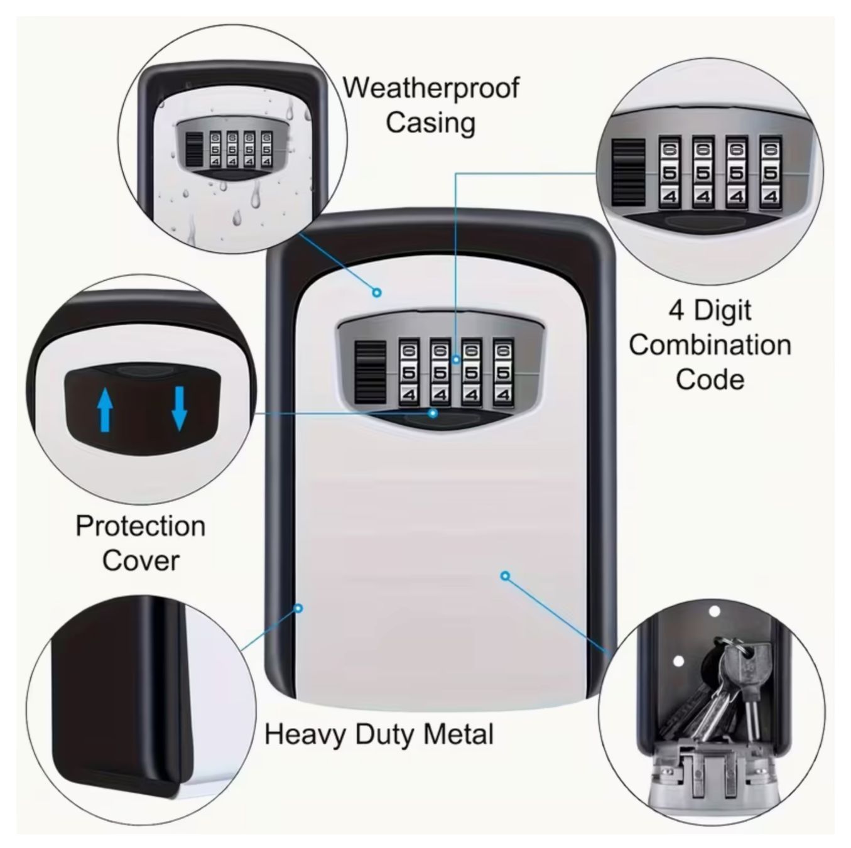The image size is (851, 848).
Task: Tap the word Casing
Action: pyautogui.click(x=431, y=123)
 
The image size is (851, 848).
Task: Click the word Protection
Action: pyautogui.click(x=141, y=527)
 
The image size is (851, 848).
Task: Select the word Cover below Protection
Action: pyautogui.click(x=141, y=560)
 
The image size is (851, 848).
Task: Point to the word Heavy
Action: pyautogui.click(x=305, y=736)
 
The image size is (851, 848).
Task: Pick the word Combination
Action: pyautogui.click(x=710, y=345)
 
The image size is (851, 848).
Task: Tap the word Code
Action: pyautogui.click(x=710, y=379)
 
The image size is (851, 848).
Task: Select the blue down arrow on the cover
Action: pyautogui.click(x=179, y=408)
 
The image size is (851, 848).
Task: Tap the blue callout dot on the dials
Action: pyautogui.click(x=456, y=360)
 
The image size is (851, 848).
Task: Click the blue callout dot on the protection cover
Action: pyautogui.click(x=433, y=413)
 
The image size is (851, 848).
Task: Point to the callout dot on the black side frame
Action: pyautogui.click(x=298, y=609)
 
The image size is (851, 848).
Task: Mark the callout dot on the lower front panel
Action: pyautogui.click(x=505, y=576)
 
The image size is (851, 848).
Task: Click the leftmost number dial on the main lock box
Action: pyautogui.click(x=408, y=372)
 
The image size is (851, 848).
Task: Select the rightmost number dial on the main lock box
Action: pyautogui.click(x=502, y=372)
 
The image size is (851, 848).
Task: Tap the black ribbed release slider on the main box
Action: pyautogui.click(x=370, y=372)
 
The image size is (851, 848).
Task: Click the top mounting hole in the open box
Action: pyautogui.click(x=714, y=612)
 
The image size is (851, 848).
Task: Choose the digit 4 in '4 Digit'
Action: pyautogui.click(x=676, y=311)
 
